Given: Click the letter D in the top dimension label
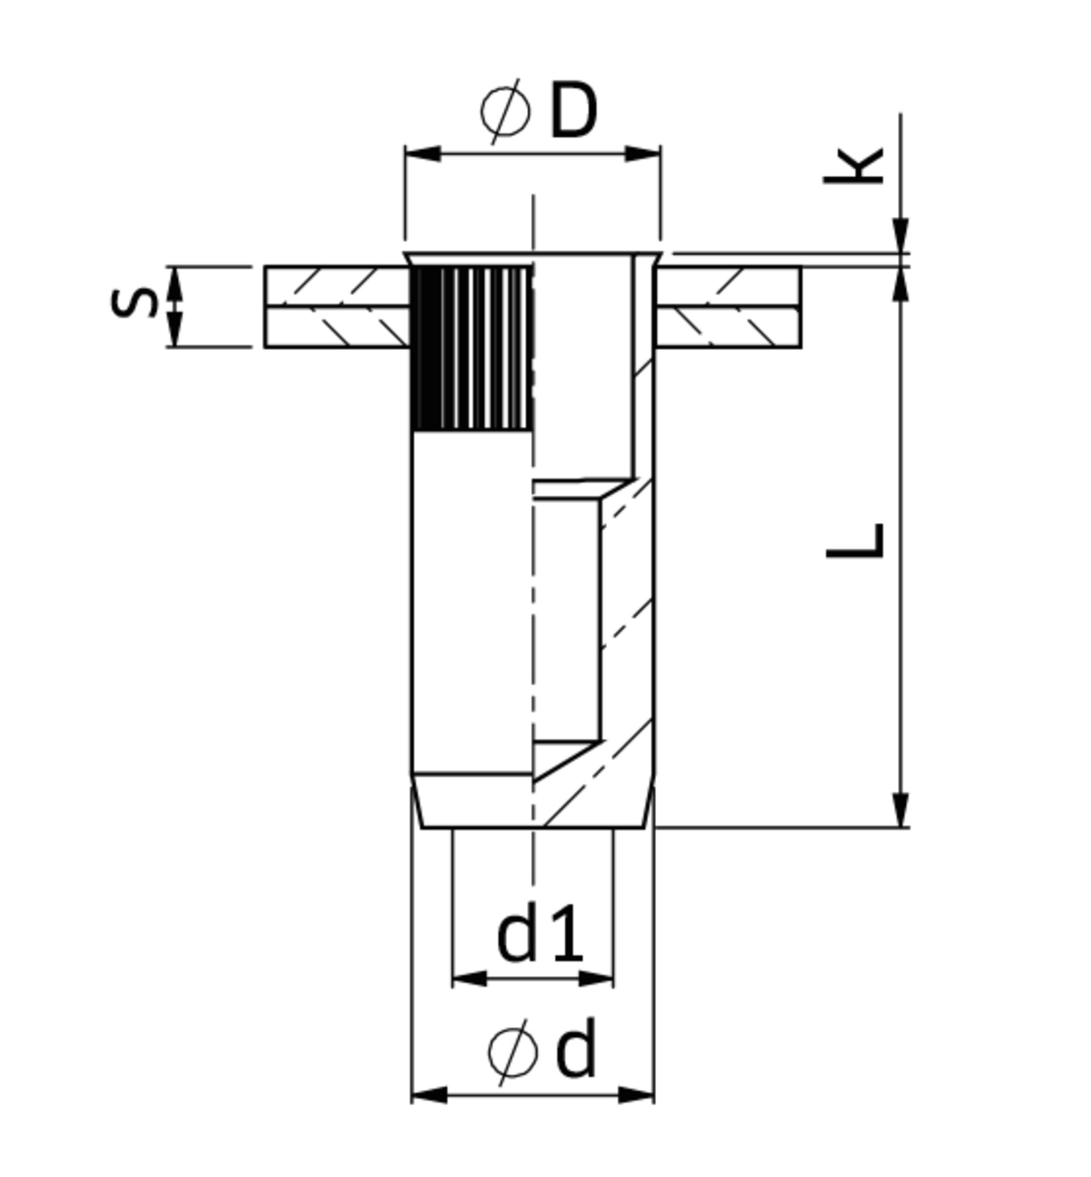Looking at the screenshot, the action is pos(573,111).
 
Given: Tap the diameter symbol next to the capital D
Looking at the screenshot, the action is pos(505,112).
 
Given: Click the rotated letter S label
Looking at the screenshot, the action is pos(134,303).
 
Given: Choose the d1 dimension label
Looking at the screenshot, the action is pos(539,936).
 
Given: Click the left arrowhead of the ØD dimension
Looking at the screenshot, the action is pos(423,154).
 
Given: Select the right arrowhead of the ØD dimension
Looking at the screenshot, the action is pos(642,154).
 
